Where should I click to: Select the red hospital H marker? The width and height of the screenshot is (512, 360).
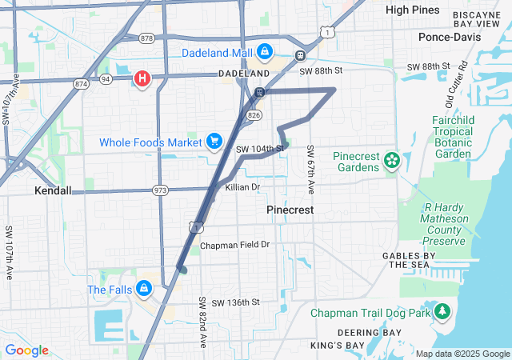[x=142, y=79]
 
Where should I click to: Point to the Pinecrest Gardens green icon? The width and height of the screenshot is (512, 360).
[x=391, y=160]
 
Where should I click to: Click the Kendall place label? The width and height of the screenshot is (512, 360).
[x=53, y=191]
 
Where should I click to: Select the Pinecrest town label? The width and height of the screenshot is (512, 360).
[x=289, y=209]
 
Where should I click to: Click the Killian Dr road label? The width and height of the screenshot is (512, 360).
[x=243, y=187]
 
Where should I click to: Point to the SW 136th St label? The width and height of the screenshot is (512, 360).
[x=230, y=302]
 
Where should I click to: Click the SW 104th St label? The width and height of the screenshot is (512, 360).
[x=260, y=149]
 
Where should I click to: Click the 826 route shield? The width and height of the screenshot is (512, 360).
[x=254, y=115]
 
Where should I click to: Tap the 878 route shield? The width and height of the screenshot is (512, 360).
[x=146, y=38]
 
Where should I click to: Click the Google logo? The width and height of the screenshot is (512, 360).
[x=26, y=350]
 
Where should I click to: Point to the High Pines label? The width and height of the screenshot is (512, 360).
[x=412, y=10]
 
